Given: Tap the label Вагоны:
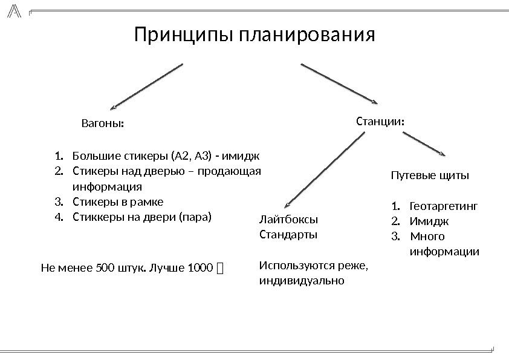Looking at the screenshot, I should coord(102,124).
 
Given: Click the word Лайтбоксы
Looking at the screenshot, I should coord(288,219).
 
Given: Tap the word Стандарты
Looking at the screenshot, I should coord(288,234).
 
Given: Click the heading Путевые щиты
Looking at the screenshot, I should coord(429,176).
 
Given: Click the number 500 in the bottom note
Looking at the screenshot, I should coord(105,267).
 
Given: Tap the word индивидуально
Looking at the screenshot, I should coord(302,281).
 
